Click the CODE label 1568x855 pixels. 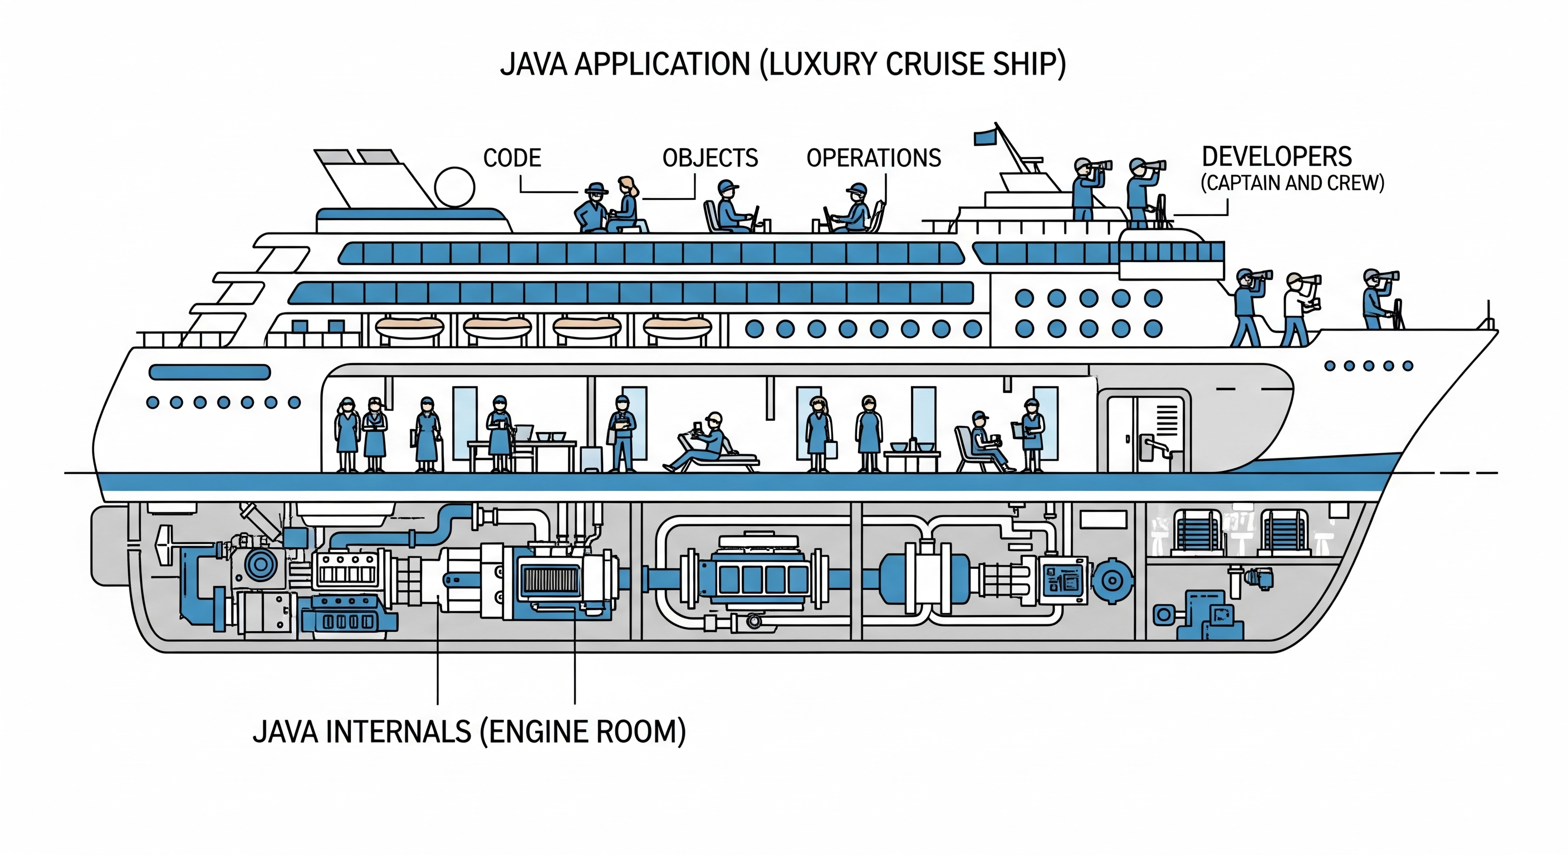[512, 158]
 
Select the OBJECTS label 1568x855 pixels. [710, 158]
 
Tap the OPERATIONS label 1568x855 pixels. [874, 158]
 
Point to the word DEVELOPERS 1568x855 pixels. [1276, 157]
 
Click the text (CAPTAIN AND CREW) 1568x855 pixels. [1292, 183]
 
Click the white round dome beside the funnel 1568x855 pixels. [455, 188]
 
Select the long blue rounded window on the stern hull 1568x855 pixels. [209, 372]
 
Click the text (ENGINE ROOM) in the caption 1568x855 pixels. [583, 731]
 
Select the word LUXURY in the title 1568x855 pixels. [819, 65]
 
